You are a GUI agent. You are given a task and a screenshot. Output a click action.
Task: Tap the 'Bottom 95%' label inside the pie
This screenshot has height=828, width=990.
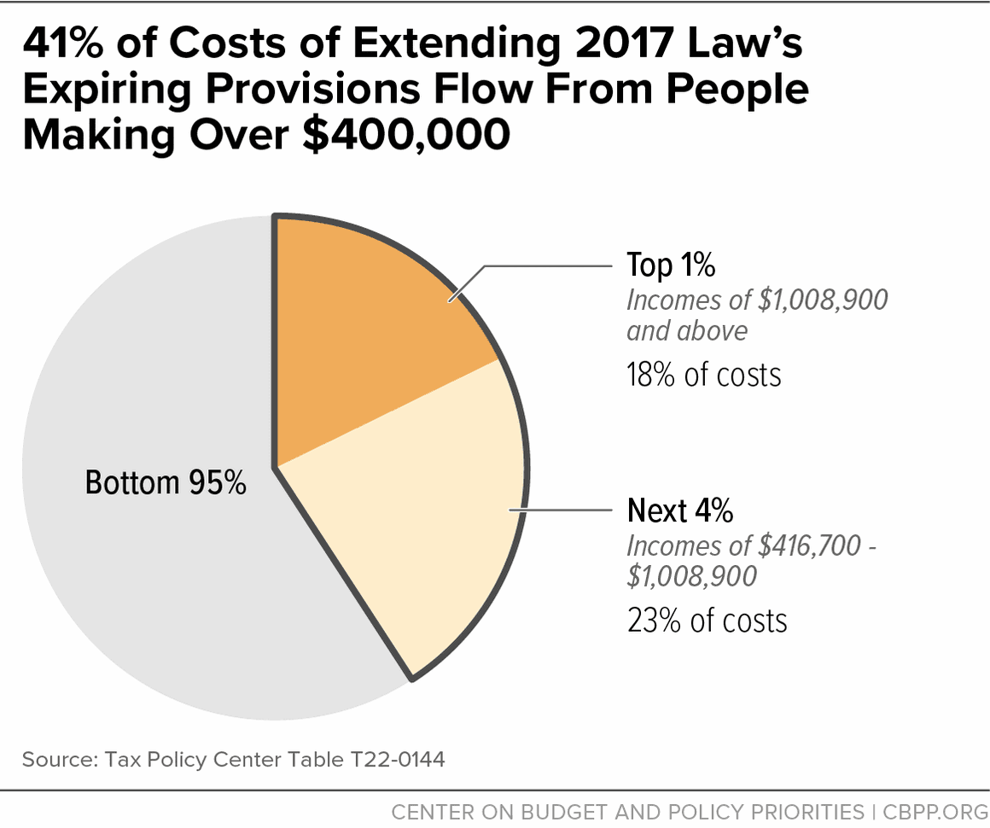click(x=166, y=483)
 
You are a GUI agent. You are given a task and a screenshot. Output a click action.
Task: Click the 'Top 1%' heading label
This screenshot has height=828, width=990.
click(x=670, y=265)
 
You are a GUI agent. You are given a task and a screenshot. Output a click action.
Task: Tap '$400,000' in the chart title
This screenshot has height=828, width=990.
click(x=409, y=135)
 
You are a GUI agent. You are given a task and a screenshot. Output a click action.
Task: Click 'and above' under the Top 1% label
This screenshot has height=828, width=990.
click(x=686, y=330)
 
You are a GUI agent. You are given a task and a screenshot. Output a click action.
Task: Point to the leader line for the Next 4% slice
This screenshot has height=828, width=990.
click(x=563, y=511)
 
